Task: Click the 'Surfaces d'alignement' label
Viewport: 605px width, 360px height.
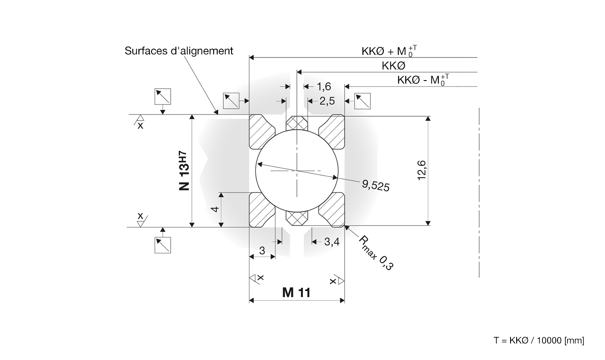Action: [179, 51]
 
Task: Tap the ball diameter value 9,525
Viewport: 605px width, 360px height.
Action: [376, 185]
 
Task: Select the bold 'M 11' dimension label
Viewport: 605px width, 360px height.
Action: [296, 293]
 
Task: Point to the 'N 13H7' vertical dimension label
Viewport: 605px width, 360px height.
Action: [185, 171]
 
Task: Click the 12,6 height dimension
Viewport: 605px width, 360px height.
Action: [422, 170]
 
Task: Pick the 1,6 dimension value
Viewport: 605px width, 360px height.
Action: [324, 87]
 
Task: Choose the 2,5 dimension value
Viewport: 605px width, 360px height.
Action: [327, 101]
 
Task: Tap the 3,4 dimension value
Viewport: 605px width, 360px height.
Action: [332, 242]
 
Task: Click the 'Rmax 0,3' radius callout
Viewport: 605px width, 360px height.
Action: [376, 253]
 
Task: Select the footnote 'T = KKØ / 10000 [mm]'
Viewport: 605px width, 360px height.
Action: [538, 340]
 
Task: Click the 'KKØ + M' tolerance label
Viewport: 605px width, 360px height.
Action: [389, 51]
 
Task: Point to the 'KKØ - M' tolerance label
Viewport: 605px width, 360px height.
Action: [423, 80]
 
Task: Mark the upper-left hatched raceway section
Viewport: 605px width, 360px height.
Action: [261, 131]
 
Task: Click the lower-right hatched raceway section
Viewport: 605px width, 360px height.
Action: [332, 210]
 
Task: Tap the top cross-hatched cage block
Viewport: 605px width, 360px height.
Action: [297, 123]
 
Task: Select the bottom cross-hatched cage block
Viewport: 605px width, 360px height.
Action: [297, 218]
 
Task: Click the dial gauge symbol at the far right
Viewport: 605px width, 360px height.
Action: [363, 101]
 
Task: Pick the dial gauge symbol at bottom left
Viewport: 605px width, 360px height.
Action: [163, 245]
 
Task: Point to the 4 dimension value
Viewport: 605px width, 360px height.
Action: [215, 209]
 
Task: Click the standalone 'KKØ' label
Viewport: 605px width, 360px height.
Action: [393, 66]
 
